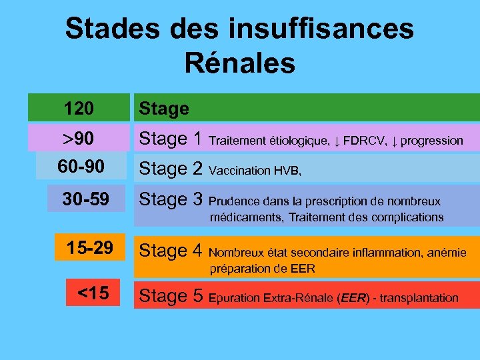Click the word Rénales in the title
239,63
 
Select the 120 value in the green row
79,107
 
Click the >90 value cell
78,139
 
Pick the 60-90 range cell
81,167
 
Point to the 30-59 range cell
85,199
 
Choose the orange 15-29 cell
89,249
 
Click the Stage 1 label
170,139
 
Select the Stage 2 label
170,169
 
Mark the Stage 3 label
170,199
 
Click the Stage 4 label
170,251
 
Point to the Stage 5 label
170,297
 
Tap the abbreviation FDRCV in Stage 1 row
364,140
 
